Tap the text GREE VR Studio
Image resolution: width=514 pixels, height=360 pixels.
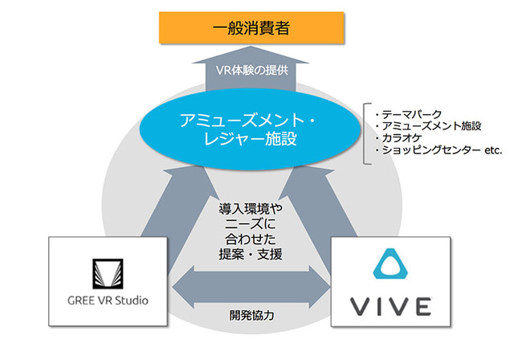click(x=108, y=301)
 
